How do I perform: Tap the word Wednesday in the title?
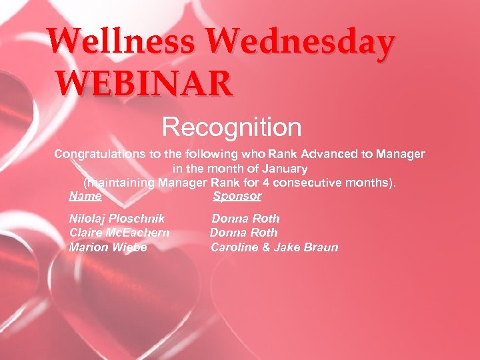click(x=301, y=42)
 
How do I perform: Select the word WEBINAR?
click(x=145, y=85)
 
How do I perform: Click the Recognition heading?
click(x=232, y=126)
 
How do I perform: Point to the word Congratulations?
click(x=100, y=154)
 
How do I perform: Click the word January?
click(x=282, y=169)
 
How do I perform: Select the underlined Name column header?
click(x=85, y=196)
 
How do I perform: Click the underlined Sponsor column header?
click(x=237, y=196)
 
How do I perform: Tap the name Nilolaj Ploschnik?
click(x=117, y=219)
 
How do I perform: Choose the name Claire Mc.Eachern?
click(x=119, y=233)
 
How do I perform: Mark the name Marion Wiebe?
click(x=108, y=247)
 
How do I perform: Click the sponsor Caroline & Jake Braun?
click(x=275, y=247)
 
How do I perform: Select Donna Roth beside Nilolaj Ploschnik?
click(x=245, y=219)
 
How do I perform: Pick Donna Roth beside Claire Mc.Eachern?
click(x=244, y=233)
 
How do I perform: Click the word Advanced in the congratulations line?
click(x=327, y=154)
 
